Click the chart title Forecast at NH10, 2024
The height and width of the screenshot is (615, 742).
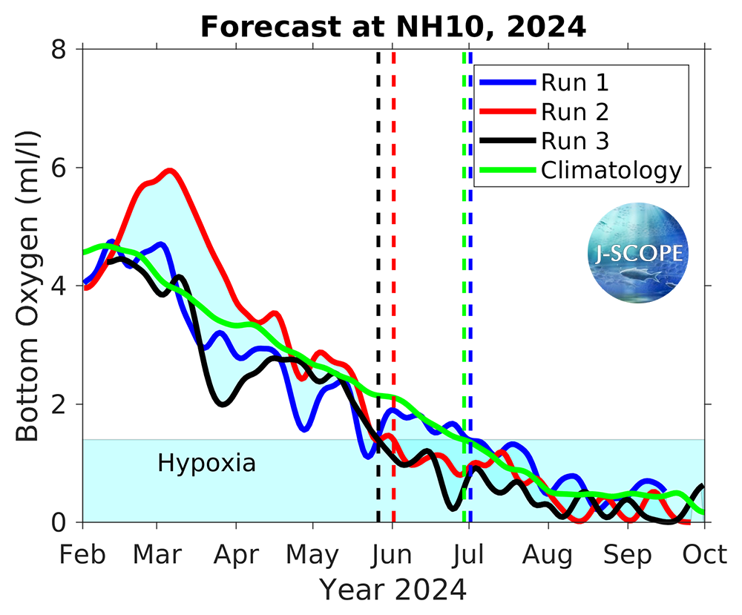click(x=393, y=27)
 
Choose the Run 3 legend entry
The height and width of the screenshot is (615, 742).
click(x=575, y=140)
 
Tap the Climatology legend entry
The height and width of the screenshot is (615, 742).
click(x=611, y=170)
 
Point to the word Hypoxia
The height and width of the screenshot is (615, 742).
click(x=206, y=464)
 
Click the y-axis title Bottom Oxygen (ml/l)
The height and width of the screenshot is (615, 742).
click(x=28, y=286)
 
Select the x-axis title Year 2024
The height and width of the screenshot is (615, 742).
click(x=393, y=591)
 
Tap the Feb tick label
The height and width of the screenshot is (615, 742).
click(x=82, y=554)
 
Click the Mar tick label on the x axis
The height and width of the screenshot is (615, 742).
click(x=157, y=554)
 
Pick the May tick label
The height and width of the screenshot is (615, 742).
click(x=312, y=554)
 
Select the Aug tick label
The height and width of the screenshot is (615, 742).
click(x=548, y=554)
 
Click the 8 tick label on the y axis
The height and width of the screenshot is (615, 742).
click(x=59, y=49)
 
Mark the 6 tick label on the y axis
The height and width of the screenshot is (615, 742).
click(x=59, y=168)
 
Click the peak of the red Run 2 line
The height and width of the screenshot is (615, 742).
click(x=171, y=171)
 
